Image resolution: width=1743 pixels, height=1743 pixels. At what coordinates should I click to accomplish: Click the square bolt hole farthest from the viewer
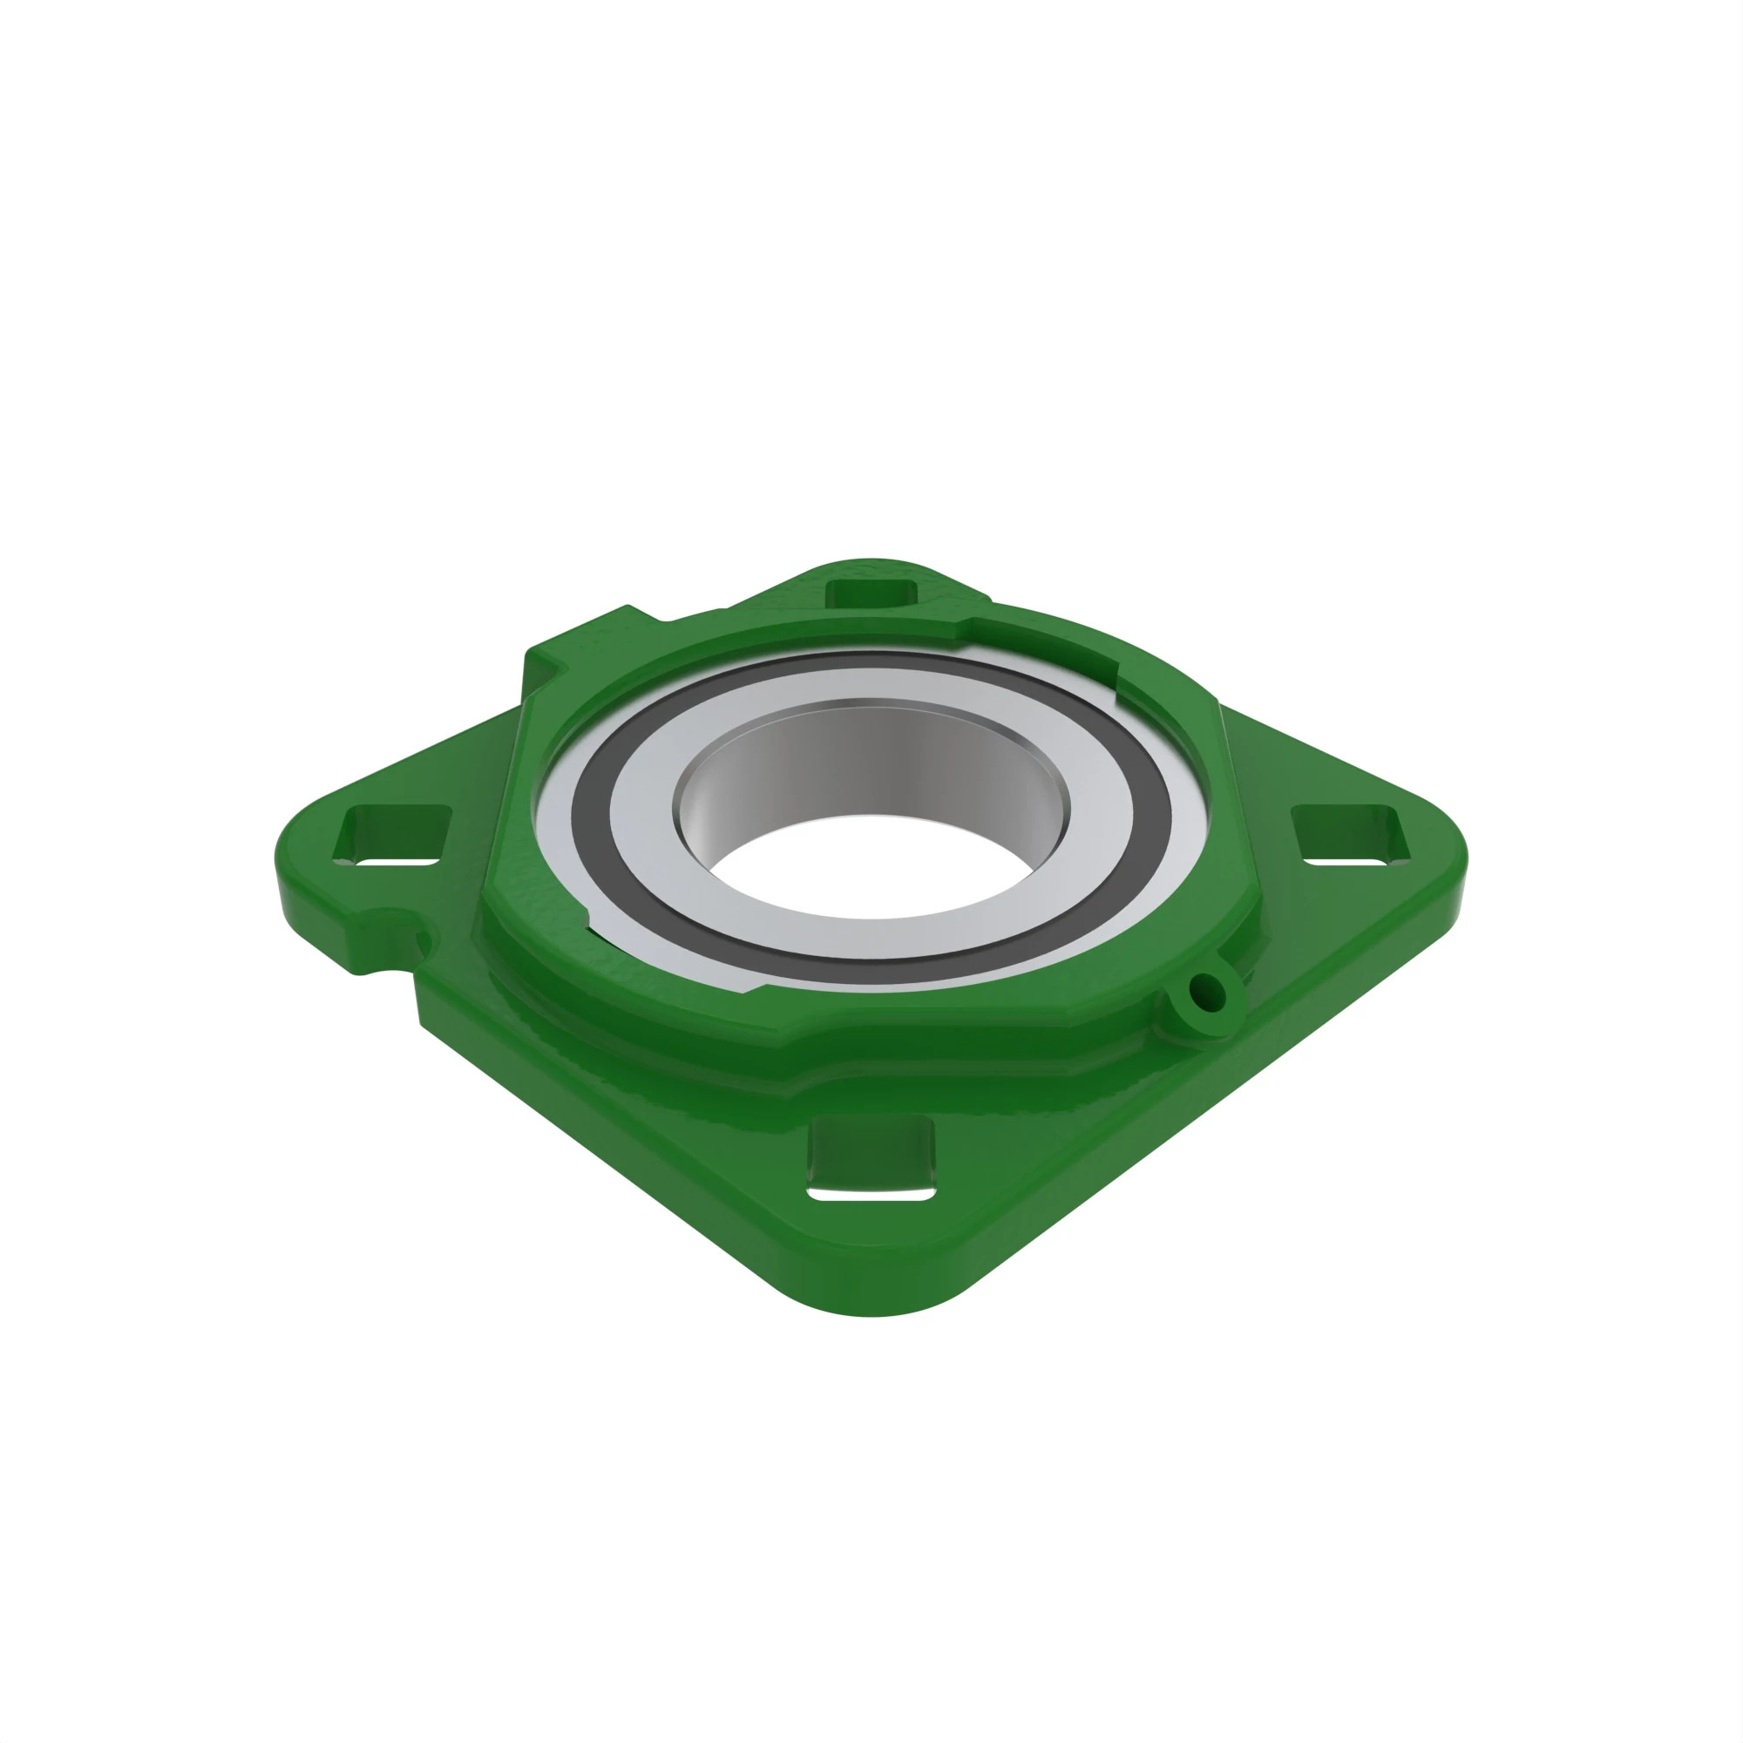pyautogui.click(x=871, y=594)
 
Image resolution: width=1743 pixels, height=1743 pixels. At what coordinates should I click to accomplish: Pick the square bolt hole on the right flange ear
pyautogui.click(x=1350, y=836)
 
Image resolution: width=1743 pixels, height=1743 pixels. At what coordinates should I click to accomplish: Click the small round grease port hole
pyautogui.click(x=1207, y=994)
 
